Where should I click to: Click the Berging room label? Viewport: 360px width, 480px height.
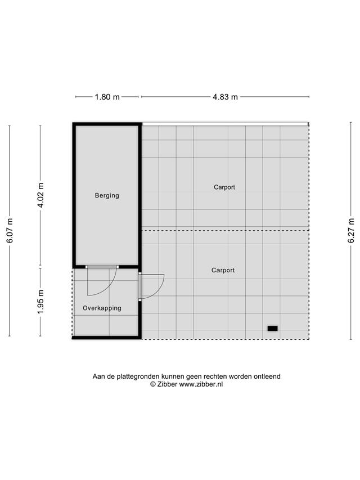[x=107, y=196]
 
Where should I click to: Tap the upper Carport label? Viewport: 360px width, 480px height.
[x=224, y=187]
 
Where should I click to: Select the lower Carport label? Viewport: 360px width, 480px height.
[x=223, y=270]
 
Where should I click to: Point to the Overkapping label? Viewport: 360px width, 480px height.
[x=102, y=308]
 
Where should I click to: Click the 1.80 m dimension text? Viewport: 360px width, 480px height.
[x=107, y=97]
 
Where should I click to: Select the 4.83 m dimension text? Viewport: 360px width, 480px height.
[x=226, y=97]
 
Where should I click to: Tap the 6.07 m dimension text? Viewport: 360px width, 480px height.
[x=10, y=231]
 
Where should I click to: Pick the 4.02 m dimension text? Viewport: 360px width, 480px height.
[x=40, y=195]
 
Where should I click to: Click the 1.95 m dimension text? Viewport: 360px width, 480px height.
[x=40, y=302]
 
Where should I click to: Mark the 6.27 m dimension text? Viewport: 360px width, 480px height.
[x=351, y=231]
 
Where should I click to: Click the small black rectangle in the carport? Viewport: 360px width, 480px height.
[x=272, y=329]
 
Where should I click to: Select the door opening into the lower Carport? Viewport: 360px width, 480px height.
[x=151, y=286]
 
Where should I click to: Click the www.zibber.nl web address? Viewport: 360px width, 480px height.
[x=201, y=384]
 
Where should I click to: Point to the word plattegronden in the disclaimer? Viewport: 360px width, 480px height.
[x=138, y=376]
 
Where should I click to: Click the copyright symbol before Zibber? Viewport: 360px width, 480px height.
[x=153, y=384]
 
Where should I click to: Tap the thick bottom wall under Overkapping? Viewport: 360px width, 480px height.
[x=106, y=338]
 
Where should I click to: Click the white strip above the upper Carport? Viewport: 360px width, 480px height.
[x=225, y=124]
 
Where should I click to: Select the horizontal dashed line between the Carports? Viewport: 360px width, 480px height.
[x=225, y=231]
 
